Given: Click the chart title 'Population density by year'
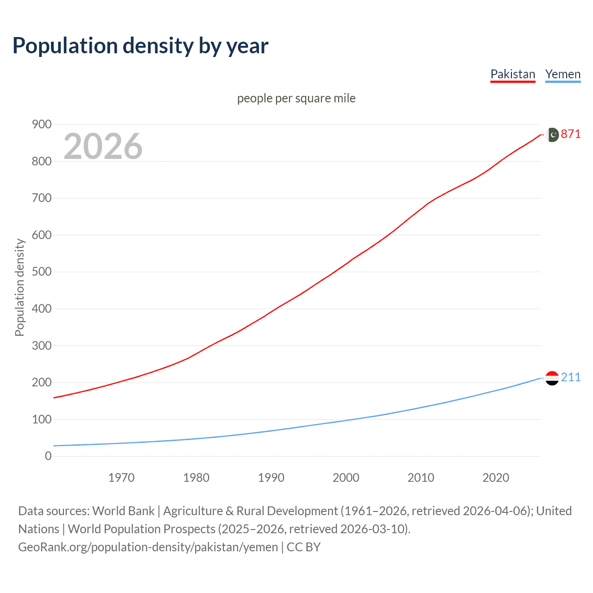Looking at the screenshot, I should tap(140, 46).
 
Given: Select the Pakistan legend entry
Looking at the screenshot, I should tap(512, 74).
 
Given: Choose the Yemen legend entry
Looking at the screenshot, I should tap(562, 74).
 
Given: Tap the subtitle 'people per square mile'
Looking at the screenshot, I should tap(296, 98).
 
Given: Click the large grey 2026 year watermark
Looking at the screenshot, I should tap(103, 146).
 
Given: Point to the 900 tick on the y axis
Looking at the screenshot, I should tap(42, 124).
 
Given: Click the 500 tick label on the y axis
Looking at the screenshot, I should tap(42, 271).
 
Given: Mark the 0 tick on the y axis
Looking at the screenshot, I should tap(48, 456).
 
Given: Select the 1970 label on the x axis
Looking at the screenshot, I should tap(121, 478).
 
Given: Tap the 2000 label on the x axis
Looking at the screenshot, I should tap(346, 478).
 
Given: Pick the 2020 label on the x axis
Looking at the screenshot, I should tap(496, 478).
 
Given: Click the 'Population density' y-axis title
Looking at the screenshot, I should tap(19, 287).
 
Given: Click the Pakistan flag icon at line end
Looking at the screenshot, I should tap(552, 134).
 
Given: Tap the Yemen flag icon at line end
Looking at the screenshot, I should tap(552, 378).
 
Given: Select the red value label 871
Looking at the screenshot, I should tap(571, 134).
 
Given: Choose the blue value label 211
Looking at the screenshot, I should tap(571, 377).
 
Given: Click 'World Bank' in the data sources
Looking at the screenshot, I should tap(123, 511).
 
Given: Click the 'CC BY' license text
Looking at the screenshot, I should tap(303, 547).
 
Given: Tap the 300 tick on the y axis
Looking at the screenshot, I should tap(42, 346).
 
